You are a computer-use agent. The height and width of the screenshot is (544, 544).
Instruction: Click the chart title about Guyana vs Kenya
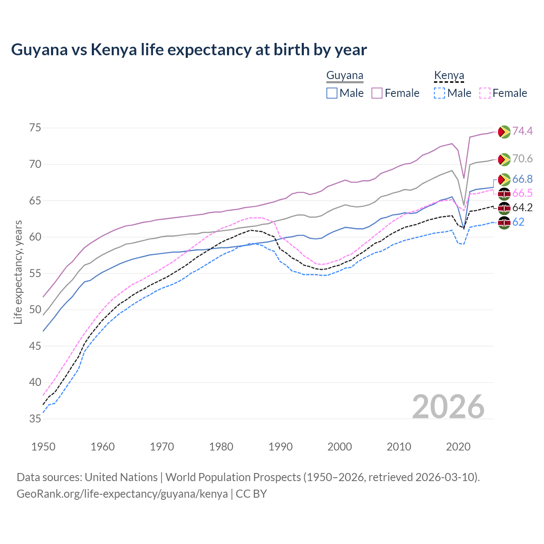pyautogui.click(x=189, y=50)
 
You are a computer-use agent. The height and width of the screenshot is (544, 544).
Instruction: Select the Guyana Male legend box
pyautogui.click(x=332, y=93)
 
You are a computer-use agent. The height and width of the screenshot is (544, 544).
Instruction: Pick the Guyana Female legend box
pyautogui.click(x=377, y=93)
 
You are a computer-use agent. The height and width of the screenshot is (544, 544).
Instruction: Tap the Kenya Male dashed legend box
pyautogui.click(x=439, y=93)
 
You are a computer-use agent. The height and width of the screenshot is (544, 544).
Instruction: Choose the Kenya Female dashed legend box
pyautogui.click(x=485, y=93)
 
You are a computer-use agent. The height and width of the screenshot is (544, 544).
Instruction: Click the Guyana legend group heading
pyautogui.click(x=345, y=76)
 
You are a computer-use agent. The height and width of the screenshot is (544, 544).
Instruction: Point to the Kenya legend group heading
pyautogui.click(x=449, y=76)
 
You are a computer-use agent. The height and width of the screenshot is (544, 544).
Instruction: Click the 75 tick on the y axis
pyautogui.click(x=35, y=128)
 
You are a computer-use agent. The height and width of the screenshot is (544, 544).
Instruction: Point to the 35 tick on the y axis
pyautogui.click(x=35, y=419)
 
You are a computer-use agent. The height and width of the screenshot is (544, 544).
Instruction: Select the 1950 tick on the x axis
pyautogui.click(x=43, y=447)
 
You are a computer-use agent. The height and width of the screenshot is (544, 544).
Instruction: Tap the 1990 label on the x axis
pyautogui.click(x=280, y=447)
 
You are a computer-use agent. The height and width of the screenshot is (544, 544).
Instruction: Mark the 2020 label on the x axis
pyautogui.click(x=458, y=447)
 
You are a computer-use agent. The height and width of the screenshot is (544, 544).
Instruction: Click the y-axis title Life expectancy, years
pyautogui.click(x=18, y=272)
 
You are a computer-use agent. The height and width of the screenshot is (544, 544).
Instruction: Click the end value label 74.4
pyautogui.click(x=522, y=131)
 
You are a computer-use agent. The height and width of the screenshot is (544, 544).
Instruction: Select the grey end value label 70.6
pyautogui.click(x=522, y=159)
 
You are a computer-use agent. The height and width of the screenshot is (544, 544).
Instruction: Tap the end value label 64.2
pyautogui.click(x=522, y=208)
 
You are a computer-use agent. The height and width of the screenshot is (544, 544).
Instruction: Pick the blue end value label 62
pyautogui.click(x=518, y=222)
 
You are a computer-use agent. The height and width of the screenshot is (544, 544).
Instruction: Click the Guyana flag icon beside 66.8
pyautogui.click(x=504, y=179)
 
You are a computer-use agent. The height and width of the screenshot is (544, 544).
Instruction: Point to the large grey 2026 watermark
pyautogui.click(x=448, y=407)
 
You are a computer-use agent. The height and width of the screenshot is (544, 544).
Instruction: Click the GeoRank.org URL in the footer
pyautogui.click(x=122, y=494)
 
